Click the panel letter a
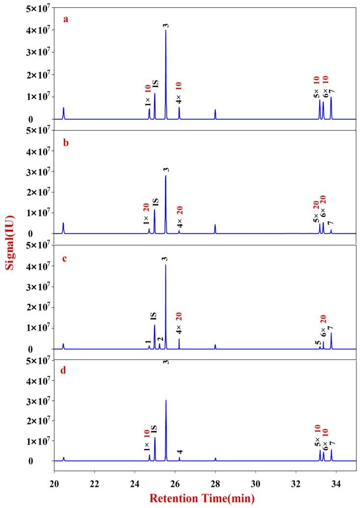(65, 20)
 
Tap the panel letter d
(65, 370)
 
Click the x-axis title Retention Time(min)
(202, 499)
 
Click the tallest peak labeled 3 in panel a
(166, 30)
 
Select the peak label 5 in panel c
(318, 343)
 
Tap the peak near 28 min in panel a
(215, 113)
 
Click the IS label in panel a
(155, 84)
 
